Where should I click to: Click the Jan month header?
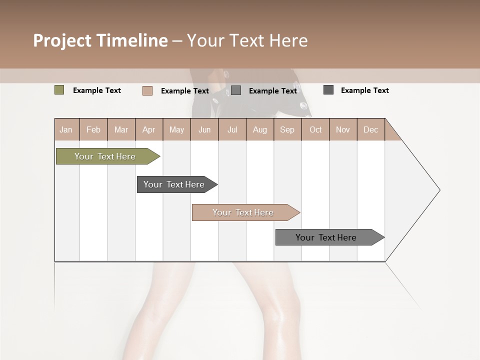(x=66, y=129)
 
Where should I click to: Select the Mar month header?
(x=121, y=129)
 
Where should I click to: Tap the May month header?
(x=176, y=129)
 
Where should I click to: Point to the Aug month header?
(x=259, y=129)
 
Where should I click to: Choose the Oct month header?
(x=315, y=129)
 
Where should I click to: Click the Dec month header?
(x=370, y=129)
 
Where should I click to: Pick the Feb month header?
(x=93, y=129)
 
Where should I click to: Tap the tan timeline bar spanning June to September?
(x=243, y=212)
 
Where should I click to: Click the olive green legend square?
(x=59, y=90)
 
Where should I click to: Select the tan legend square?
(x=147, y=90)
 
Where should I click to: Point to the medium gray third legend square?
(x=236, y=90)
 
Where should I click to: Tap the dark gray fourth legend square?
(x=328, y=90)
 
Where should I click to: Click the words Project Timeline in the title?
(x=100, y=40)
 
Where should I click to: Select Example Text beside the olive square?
(x=97, y=90)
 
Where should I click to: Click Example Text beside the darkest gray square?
(x=365, y=90)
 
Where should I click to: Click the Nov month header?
(x=343, y=129)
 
